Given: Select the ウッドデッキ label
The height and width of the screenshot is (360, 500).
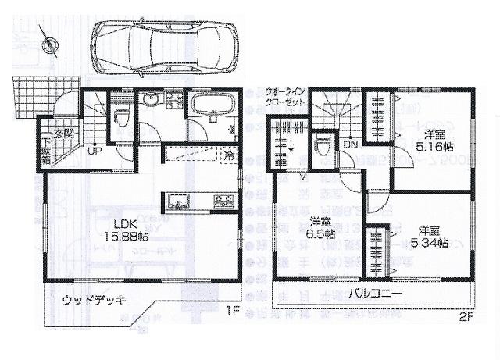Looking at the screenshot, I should (x=93, y=301).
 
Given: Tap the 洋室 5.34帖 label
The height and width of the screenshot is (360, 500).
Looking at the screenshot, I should (x=430, y=237).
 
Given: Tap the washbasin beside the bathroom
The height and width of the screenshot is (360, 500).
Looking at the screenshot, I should (x=150, y=102).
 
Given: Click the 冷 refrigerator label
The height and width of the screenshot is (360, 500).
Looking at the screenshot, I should (x=228, y=154).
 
